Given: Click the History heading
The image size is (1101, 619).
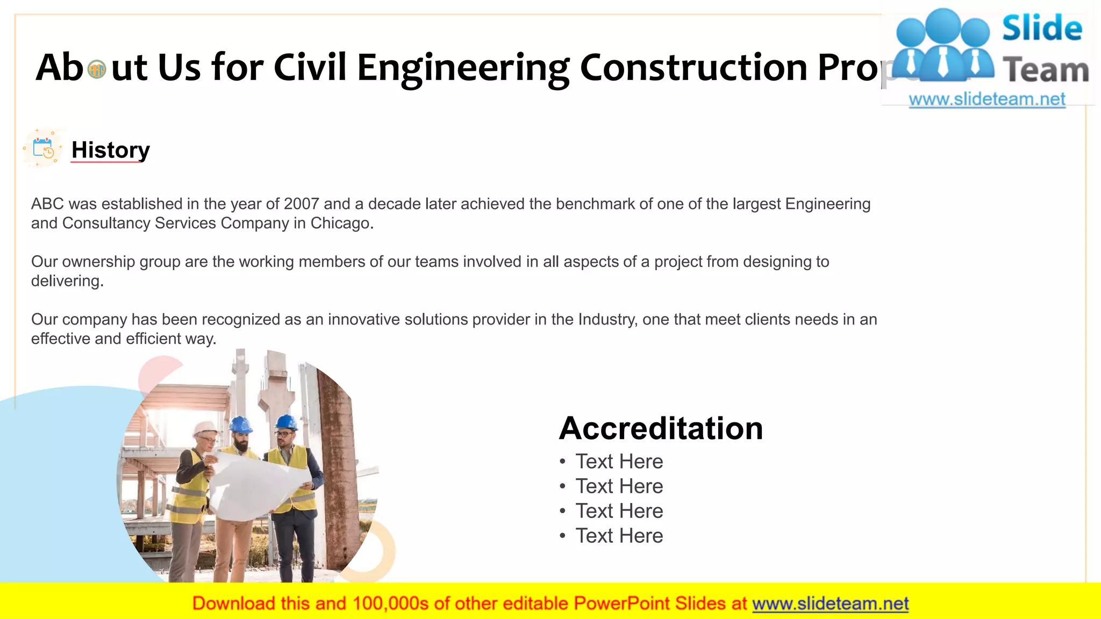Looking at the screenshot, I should tap(110, 150).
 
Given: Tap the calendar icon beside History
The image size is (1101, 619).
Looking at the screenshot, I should tap(43, 148).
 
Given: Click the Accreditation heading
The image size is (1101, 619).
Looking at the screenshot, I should tap(661, 428).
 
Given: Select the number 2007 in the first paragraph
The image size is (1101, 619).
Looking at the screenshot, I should tap(301, 204).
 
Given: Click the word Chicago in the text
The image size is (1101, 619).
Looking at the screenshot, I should tap(341, 224).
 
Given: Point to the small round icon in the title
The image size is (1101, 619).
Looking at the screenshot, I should tap(97, 69).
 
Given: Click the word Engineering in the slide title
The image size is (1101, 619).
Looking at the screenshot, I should tap(463, 68).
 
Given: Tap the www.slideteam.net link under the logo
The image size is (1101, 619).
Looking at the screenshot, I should tap(986, 99).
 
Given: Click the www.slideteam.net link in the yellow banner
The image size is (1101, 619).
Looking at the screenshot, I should tap(830, 604).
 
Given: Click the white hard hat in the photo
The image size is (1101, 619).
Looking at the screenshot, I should tap(205, 428).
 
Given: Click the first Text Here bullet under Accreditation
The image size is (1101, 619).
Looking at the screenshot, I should tap(619, 462).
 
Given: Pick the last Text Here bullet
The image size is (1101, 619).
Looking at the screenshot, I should tap(619, 536).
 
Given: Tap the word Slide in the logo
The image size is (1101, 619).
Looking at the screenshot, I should tap(1042, 28).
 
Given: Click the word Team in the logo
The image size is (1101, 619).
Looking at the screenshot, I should tap(1046, 70).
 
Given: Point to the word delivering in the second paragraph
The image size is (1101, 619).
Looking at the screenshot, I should tap(66, 281).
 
